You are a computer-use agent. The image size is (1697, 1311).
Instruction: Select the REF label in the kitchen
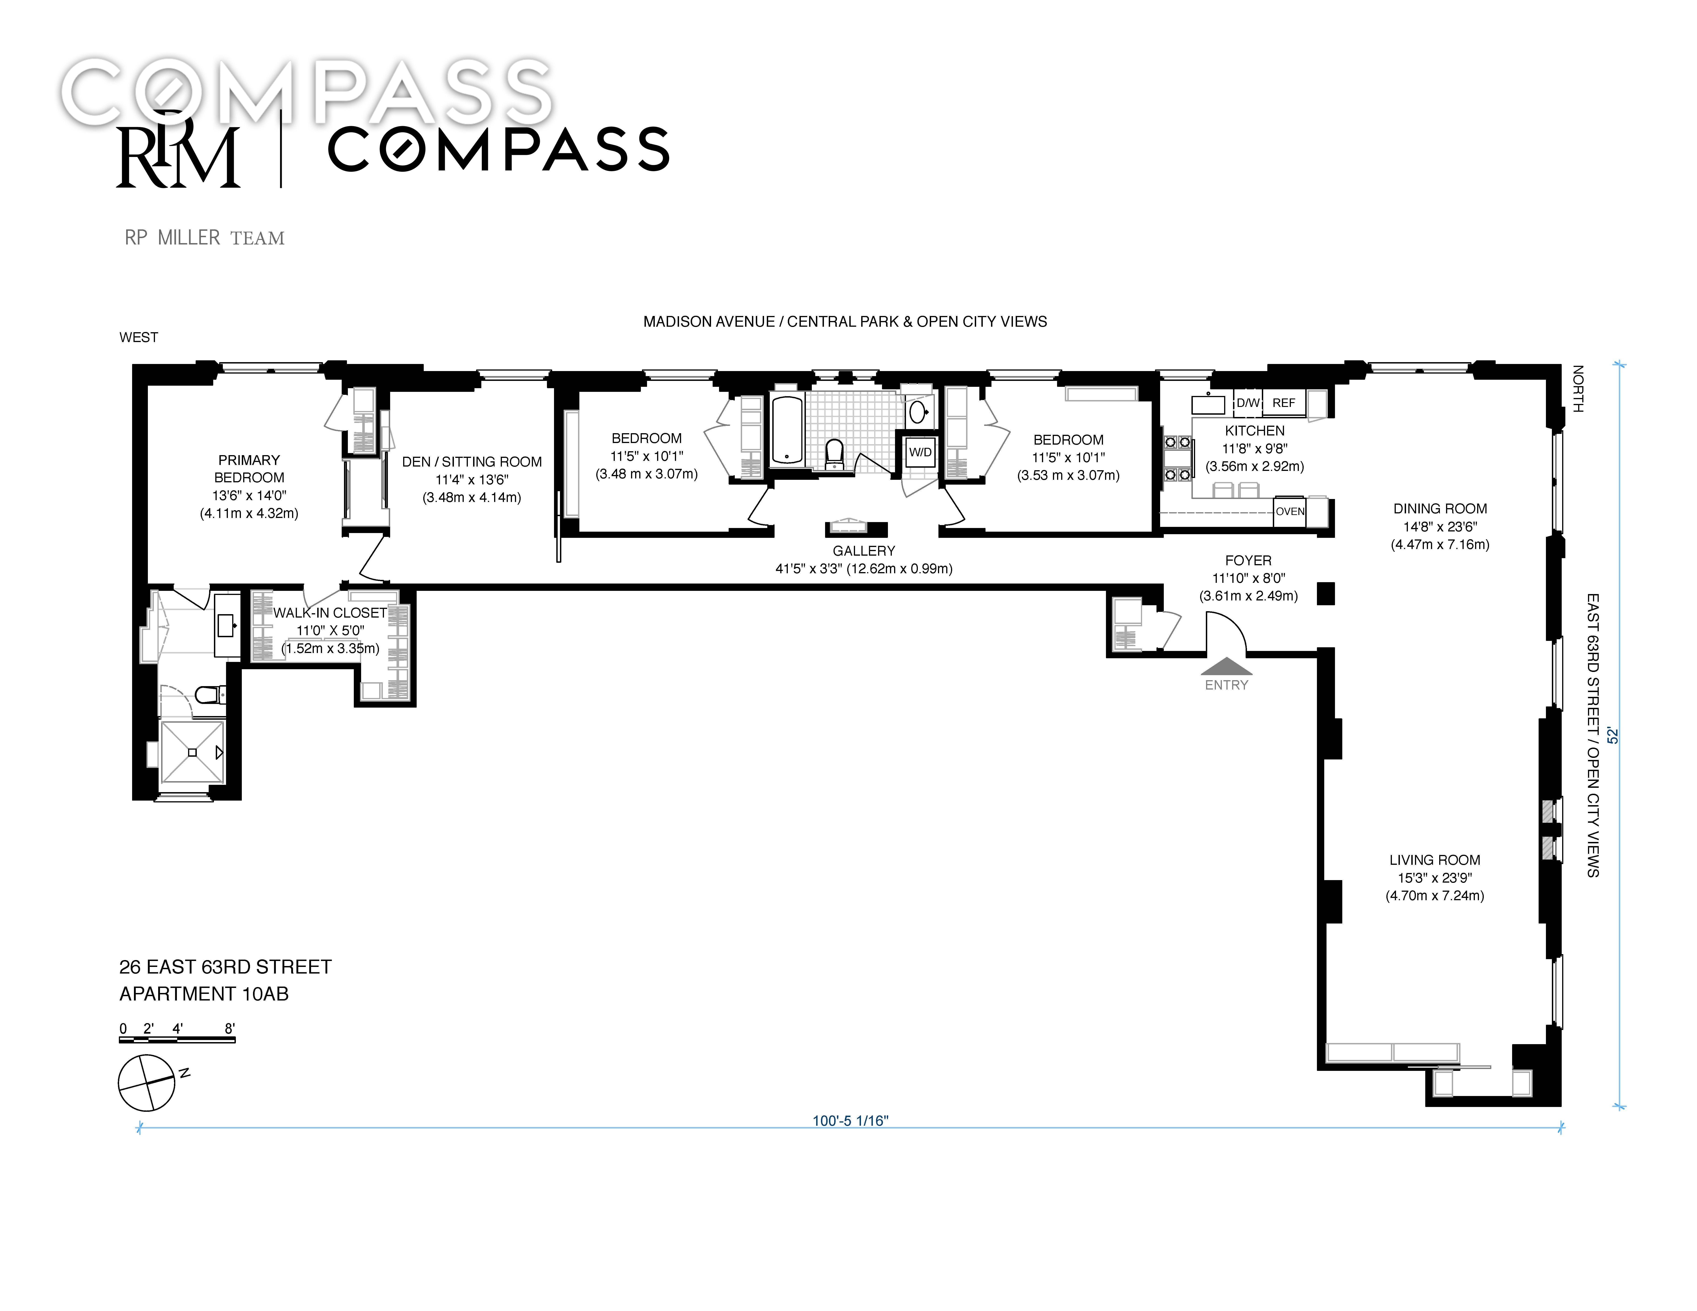tap(1284, 403)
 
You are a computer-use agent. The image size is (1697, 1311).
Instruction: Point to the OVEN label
tap(1290, 511)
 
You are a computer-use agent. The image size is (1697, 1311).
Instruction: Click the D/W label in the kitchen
tap(1248, 403)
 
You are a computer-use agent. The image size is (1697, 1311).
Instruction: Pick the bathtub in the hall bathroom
tap(787, 430)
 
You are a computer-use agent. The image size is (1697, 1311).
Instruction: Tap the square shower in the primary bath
tap(193, 753)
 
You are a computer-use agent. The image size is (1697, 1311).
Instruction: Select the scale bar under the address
tap(177, 1039)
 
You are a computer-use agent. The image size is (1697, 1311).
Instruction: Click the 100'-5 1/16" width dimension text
tap(850, 1121)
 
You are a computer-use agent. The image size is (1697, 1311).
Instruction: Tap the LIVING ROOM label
tap(1434, 860)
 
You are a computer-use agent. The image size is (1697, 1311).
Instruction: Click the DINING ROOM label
tap(1440, 509)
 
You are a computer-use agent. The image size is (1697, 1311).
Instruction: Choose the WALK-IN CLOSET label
tap(329, 613)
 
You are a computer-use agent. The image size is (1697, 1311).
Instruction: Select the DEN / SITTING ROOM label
tap(472, 461)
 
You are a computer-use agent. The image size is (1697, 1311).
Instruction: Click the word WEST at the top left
tap(138, 337)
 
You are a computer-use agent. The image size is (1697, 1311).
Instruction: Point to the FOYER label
tap(1248, 560)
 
